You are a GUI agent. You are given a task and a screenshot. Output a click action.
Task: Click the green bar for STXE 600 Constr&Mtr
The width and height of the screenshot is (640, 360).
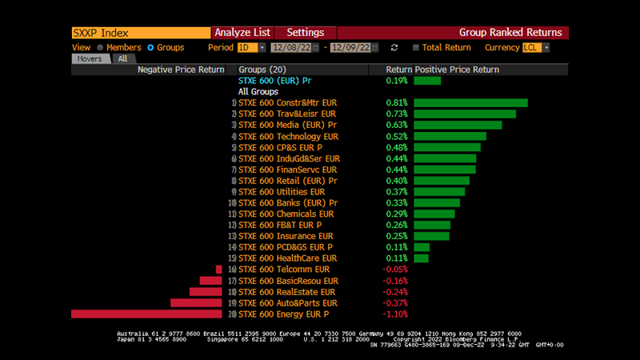(x=470, y=103)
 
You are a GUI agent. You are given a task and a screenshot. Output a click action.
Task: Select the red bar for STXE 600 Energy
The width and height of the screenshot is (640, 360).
(x=146, y=314)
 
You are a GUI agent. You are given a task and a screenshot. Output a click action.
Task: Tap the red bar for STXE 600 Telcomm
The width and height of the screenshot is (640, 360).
(x=218, y=270)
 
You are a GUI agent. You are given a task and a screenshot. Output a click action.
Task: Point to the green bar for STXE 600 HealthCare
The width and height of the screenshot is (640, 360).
(x=422, y=258)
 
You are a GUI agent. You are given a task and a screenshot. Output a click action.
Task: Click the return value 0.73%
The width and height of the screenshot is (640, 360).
(x=396, y=114)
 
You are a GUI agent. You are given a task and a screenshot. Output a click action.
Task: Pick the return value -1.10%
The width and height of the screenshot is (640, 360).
(x=394, y=314)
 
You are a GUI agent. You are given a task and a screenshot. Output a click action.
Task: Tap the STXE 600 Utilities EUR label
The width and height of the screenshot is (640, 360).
(x=282, y=192)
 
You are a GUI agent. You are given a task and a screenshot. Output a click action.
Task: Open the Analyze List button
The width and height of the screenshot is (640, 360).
(x=242, y=33)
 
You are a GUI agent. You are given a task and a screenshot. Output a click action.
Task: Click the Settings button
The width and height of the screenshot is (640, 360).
(x=305, y=33)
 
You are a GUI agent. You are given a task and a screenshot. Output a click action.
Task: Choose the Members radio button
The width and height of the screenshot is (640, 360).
(x=100, y=48)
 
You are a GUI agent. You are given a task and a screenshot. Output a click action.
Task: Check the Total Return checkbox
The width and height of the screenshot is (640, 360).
(x=416, y=48)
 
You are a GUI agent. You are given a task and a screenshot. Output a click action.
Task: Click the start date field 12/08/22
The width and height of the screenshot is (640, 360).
(x=290, y=48)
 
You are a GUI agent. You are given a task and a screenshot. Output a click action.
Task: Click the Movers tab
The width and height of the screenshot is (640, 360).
(x=90, y=58)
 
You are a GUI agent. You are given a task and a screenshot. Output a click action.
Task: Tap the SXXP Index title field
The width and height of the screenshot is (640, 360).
(x=140, y=33)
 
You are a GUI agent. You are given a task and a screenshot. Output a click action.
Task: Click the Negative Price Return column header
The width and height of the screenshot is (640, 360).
(x=181, y=70)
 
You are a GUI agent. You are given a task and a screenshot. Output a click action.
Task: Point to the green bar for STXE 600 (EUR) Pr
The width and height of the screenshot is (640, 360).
(x=427, y=81)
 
